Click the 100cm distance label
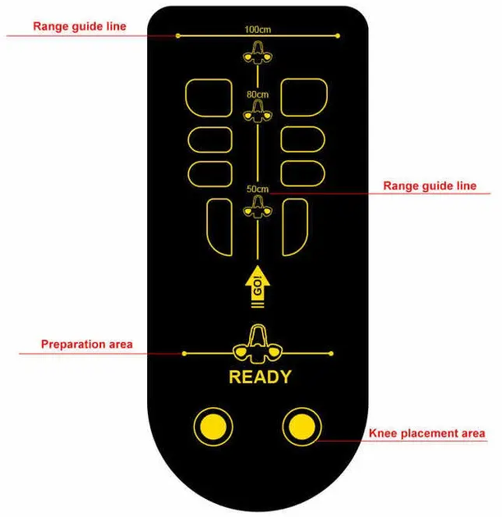258,30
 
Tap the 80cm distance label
258,94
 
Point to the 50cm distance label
258,190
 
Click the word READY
260,377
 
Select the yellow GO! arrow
257,286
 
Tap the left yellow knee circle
214,427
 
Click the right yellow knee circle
302,427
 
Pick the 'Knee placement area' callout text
427,433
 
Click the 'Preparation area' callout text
87,344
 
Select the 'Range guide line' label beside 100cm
80,26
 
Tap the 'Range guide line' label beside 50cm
430,185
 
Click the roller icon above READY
257,344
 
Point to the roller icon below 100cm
258,53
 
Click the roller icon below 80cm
258,112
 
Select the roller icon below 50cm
258,207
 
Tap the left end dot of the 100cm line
178,35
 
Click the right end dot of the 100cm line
338,35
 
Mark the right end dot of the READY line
331,354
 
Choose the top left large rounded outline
186,98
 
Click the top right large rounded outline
281,98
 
